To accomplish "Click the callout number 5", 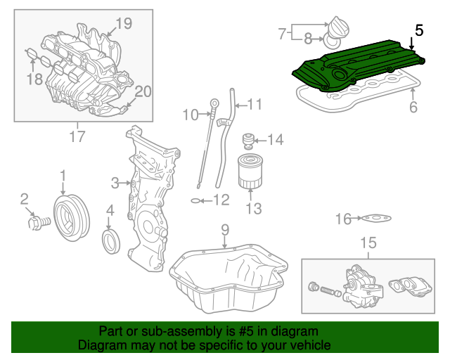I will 419,30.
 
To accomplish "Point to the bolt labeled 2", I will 36,223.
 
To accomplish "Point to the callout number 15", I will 368,243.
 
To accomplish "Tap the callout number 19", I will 123,24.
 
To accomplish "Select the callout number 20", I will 143,91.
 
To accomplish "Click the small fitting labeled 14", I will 247,140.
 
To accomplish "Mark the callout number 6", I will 413,107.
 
